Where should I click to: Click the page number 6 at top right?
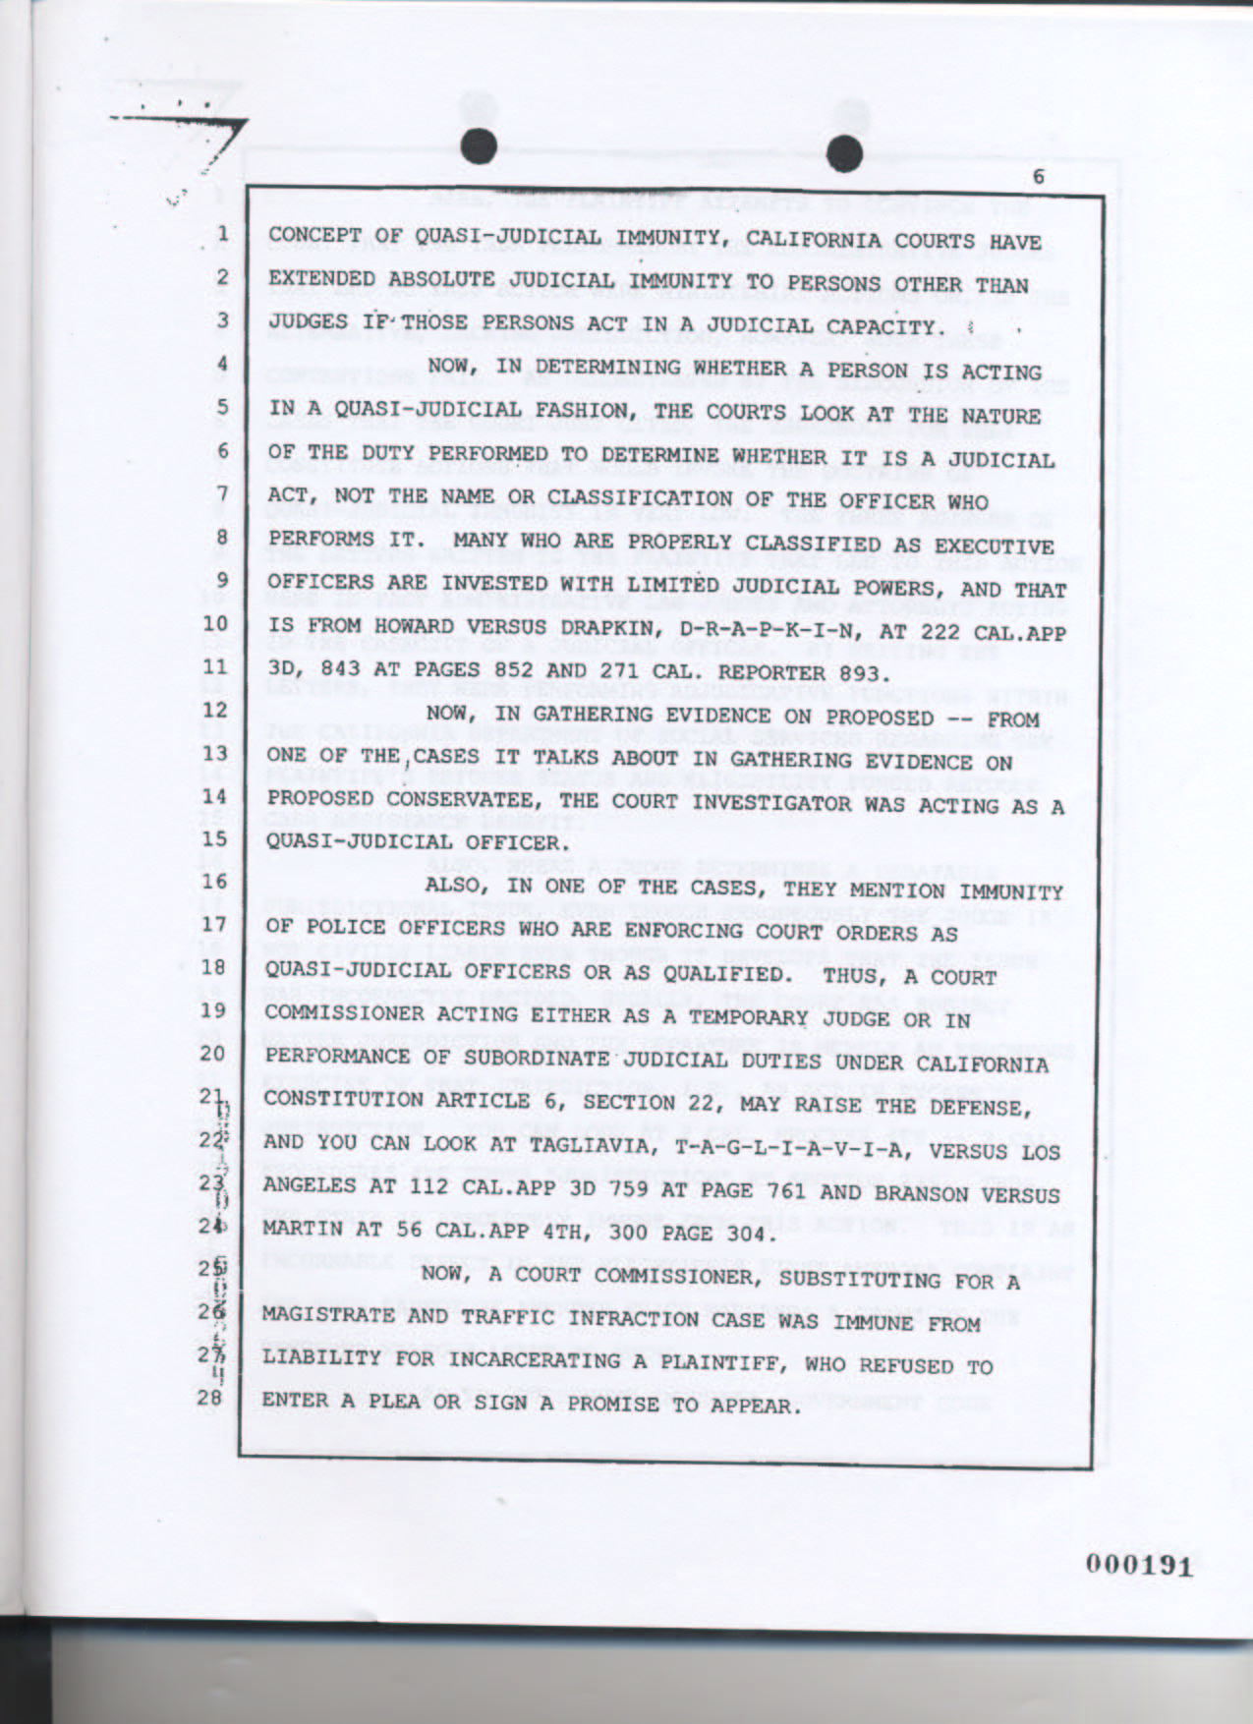[1038, 176]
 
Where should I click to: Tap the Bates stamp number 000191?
[1139, 1564]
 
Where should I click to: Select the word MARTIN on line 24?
[302, 1231]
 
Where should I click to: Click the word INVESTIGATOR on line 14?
[824, 803]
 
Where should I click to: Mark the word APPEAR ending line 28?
[751, 1405]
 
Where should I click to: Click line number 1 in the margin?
[223, 235]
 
